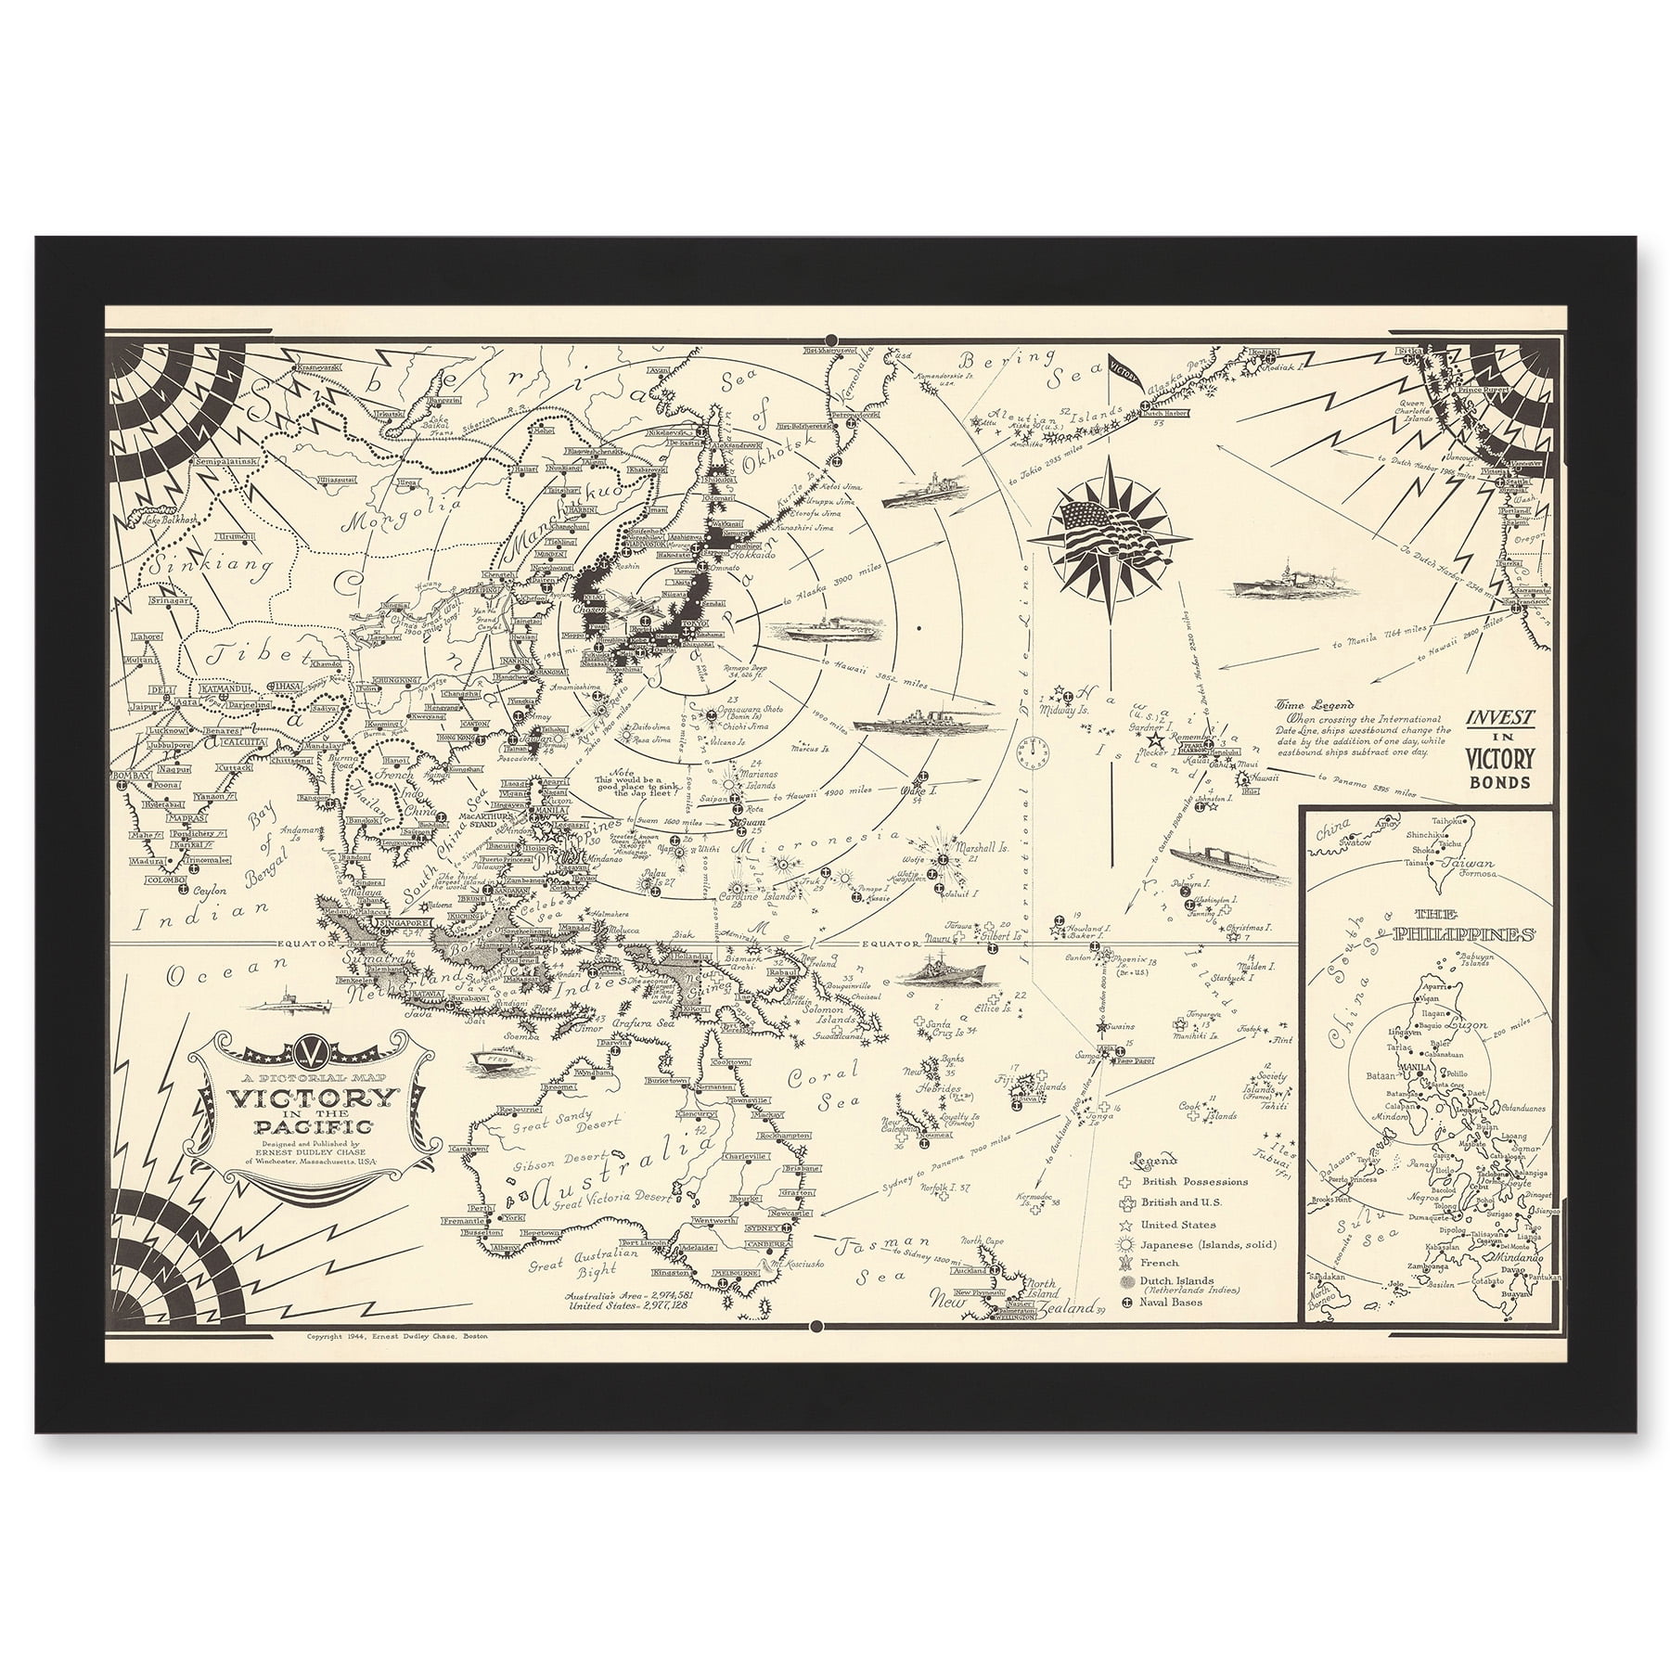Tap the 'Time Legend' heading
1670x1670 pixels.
[1308, 704]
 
